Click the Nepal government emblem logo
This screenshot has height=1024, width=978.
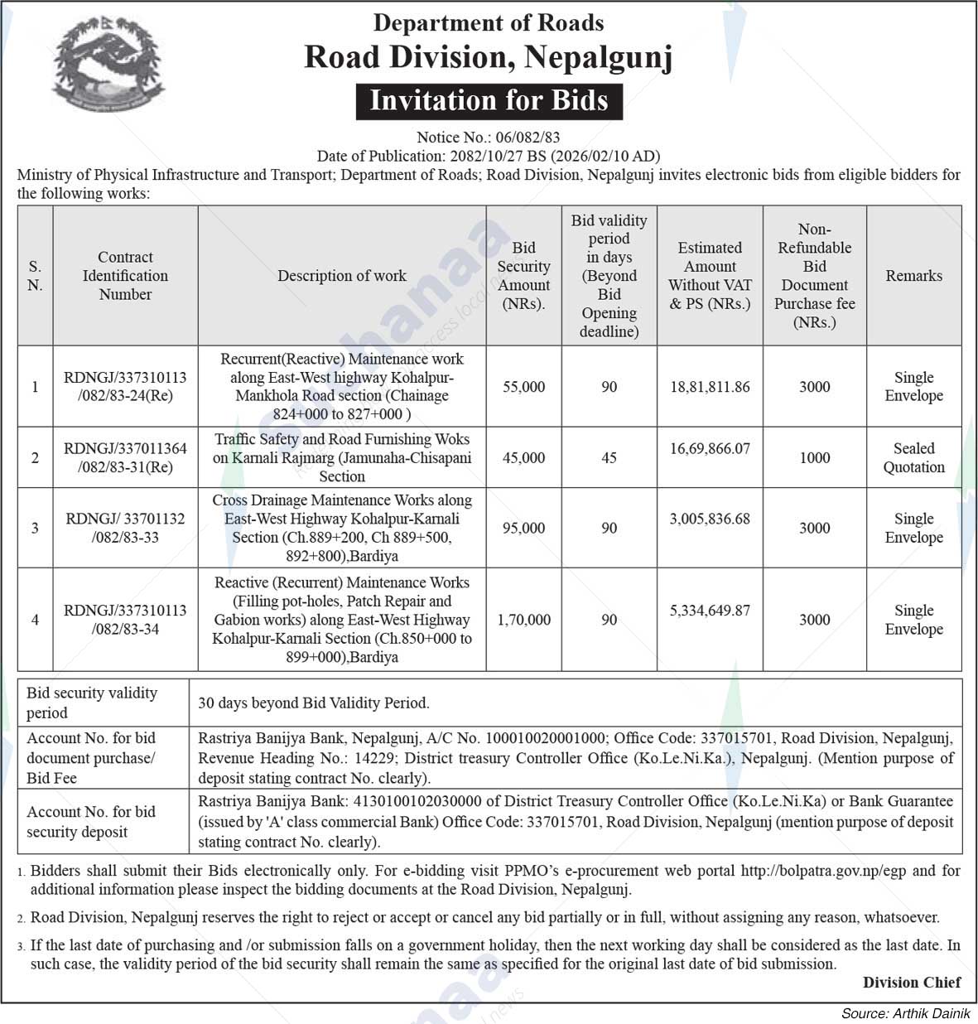coord(108,64)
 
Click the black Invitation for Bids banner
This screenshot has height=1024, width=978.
coord(489,101)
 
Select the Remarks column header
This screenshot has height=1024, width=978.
coord(913,276)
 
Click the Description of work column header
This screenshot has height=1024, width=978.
coord(341,276)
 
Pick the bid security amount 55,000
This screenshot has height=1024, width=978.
coord(523,387)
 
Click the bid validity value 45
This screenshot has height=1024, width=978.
coord(609,457)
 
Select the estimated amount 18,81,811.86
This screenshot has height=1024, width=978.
coord(710,387)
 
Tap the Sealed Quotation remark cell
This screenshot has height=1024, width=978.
coord(913,457)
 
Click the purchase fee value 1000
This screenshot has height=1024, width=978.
coord(814,457)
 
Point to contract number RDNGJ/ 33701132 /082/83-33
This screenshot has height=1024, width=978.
coord(125,528)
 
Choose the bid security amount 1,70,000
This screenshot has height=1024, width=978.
coord(523,620)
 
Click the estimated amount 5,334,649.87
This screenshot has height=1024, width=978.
coord(710,611)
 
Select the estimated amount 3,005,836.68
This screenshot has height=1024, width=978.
coord(710,519)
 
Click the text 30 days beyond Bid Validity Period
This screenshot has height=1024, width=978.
coord(314,703)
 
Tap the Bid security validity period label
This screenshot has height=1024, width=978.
coord(91,703)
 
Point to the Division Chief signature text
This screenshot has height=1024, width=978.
coord(912,983)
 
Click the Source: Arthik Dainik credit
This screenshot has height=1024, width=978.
coord(907,1013)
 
